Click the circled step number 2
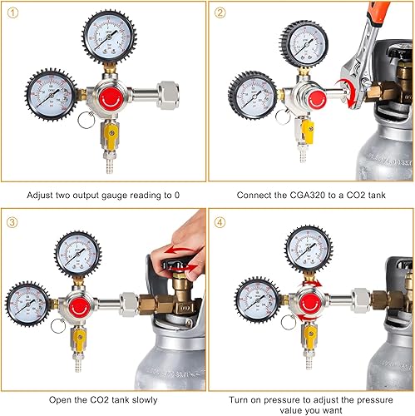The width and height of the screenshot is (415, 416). coord(220,12)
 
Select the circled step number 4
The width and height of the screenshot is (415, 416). coord(220,221)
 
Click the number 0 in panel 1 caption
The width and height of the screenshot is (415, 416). coord(180,194)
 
